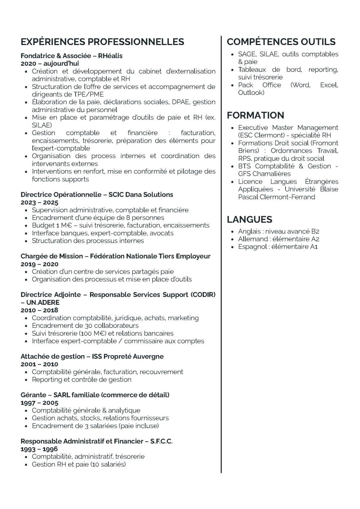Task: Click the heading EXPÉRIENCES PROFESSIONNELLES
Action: (x=102, y=42)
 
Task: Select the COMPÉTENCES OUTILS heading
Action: (x=281, y=42)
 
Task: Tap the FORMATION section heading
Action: (x=255, y=115)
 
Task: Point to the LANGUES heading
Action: (x=249, y=219)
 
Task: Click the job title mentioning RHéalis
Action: (x=71, y=56)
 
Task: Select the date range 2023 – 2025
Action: (x=39, y=202)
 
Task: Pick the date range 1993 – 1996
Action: (x=39, y=449)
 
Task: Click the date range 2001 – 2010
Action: (x=39, y=364)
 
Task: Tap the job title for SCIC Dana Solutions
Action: (x=96, y=195)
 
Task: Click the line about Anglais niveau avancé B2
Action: (x=278, y=231)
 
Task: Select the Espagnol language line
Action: (x=278, y=247)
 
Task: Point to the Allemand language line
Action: (x=278, y=239)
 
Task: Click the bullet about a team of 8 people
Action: (x=98, y=218)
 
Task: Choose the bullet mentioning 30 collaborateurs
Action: (x=85, y=326)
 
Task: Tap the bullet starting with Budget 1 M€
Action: (x=120, y=226)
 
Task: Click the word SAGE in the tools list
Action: (x=247, y=54)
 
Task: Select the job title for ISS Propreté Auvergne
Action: (x=92, y=356)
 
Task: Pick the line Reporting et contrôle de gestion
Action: (x=81, y=379)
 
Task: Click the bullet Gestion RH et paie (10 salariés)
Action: (x=78, y=464)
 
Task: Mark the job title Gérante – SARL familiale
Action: (x=95, y=395)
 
